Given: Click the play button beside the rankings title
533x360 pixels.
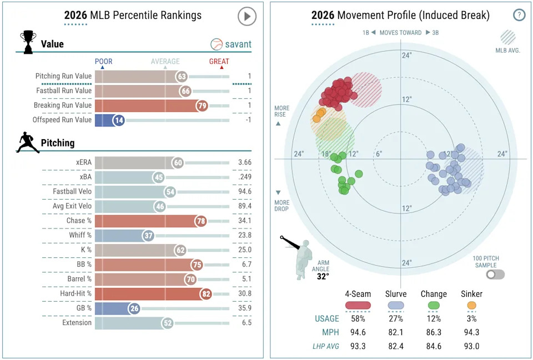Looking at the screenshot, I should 247,16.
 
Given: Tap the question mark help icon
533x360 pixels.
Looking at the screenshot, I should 519,15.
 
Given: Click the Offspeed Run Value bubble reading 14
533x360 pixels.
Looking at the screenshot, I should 118,120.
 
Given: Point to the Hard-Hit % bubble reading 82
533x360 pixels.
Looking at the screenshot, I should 207,293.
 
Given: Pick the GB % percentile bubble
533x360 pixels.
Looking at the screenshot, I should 133,308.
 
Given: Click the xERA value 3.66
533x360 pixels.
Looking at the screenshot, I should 242,163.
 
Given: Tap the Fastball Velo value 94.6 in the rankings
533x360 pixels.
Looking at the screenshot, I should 242,191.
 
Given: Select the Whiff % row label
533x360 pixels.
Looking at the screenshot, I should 78,235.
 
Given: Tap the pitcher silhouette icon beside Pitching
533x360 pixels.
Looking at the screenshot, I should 28,142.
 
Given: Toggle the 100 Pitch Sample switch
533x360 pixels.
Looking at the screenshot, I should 495,274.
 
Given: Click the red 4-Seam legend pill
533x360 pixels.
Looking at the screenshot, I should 358,305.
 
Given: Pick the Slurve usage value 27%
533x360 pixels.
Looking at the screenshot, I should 395,319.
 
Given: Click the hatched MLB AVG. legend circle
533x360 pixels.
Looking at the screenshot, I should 507,37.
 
